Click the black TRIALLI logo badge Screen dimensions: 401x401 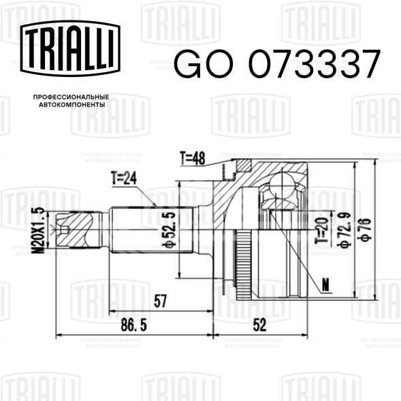tap(70, 48)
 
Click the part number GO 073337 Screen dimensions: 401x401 tap(277, 64)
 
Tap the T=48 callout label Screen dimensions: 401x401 tap(192, 159)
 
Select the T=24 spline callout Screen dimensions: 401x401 tap(124, 178)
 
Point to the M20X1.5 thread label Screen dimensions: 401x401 tap(37, 231)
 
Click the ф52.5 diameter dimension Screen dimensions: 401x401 tap(170, 229)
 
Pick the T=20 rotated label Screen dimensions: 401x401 tap(322, 230)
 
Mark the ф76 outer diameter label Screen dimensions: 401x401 tap(364, 229)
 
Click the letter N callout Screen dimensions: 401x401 tap(325, 285)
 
